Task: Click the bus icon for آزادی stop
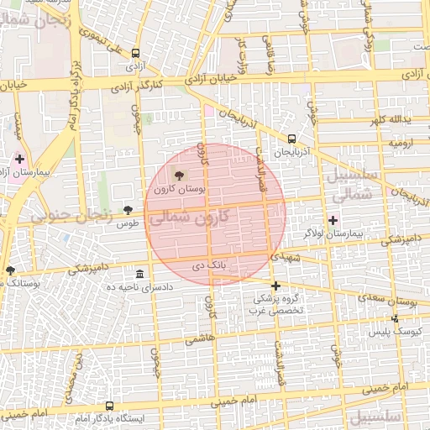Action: click(136, 53)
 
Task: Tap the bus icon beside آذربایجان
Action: click(291, 139)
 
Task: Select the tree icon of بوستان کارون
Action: click(178, 175)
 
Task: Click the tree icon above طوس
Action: click(128, 210)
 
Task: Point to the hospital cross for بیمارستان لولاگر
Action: click(333, 220)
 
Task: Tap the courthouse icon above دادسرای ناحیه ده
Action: click(139, 275)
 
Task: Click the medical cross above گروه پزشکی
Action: click(275, 286)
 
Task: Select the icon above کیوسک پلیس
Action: click(395, 318)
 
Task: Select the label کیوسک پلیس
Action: click(393, 333)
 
